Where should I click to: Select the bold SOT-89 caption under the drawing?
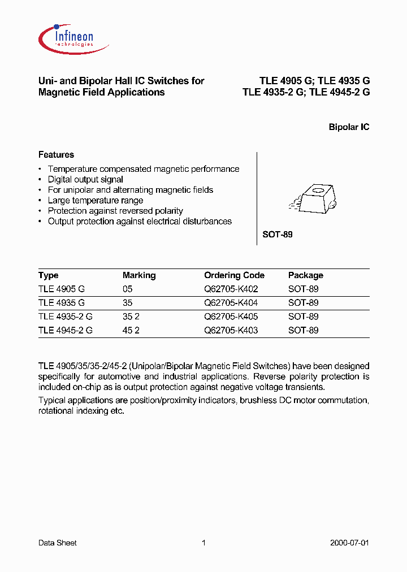pyautogui.click(x=278, y=234)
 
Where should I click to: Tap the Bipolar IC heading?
pyautogui.click(x=349, y=127)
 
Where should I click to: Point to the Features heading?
pyautogui.click(x=56, y=154)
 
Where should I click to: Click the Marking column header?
pyautogui.click(x=139, y=275)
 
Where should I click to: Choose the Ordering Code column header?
pyautogui.click(x=234, y=275)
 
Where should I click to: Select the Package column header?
pyautogui.click(x=306, y=275)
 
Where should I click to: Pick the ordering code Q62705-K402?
pyautogui.click(x=231, y=289)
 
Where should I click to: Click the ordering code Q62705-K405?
pyautogui.click(x=231, y=317)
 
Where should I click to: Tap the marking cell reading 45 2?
pyautogui.click(x=131, y=330)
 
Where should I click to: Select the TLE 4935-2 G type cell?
pyautogui.click(x=65, y=317)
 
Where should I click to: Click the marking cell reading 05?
pyautogui.click(x=127, y=289)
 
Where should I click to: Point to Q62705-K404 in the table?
pyautogui.click(x=231, y=302)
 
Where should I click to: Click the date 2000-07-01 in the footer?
pyautogui.click(x=349, y=543)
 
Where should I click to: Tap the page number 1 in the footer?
pyautogui.click(x=203, y=543)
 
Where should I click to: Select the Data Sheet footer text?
pyautogui.click(x=57, y=543)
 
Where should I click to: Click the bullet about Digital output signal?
pyautogui.click(x=85, y=179)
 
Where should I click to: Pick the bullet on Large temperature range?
pyautogui.click(x=96, y=200)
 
